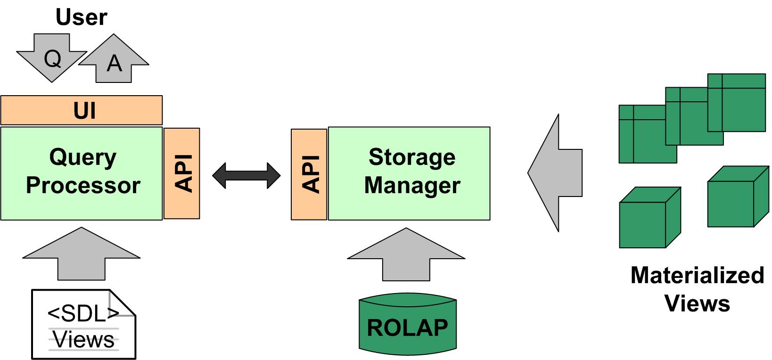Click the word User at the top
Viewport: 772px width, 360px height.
[82, 17]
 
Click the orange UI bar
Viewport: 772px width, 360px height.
[82, 110]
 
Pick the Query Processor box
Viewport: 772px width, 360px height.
[82, 172]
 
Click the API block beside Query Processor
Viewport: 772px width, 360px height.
[182, 173]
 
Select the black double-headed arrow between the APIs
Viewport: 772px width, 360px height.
[246, 175]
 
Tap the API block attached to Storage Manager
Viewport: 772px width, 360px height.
[309, 174]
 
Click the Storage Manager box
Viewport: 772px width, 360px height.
[409, 173]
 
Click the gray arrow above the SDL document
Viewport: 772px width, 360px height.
[82, 254]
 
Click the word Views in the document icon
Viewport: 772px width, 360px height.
[84, 340]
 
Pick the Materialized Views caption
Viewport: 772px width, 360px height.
[697, 288]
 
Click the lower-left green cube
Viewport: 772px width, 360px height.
[646, 221]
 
